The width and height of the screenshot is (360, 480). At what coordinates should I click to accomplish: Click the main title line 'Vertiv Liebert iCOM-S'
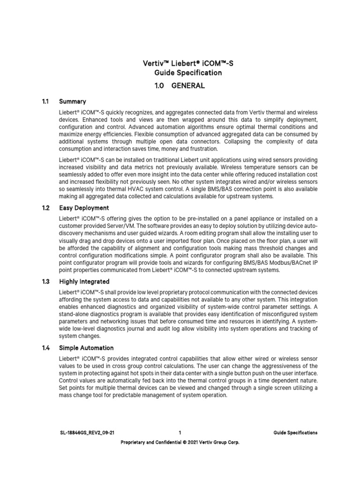click(x=180, y=63)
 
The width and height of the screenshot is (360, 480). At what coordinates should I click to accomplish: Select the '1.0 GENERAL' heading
click(x=180, y=86)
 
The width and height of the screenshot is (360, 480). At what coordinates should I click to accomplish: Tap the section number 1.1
click(x=46, y=101)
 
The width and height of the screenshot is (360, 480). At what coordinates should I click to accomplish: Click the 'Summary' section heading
click(x=72, y=101)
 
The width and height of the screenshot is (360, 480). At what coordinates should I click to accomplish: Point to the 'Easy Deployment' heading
click(x=84, y=208)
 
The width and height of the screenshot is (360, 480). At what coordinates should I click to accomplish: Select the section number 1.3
click(x=46, y=282)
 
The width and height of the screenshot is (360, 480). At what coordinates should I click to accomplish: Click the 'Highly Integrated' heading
click(x=84, y=282)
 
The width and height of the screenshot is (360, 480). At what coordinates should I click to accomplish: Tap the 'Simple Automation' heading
click(x=86, y=348)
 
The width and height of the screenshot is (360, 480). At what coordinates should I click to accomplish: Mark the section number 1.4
click(x=46, y=348)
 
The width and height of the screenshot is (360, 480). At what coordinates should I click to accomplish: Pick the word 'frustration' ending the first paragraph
click(x=202, y=149)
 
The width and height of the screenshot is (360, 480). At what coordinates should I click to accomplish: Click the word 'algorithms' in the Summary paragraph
click(x=191, y=127)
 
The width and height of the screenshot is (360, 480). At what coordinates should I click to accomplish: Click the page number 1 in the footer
click(x=180, y=433)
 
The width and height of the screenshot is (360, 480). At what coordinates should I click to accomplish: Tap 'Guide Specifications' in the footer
click(x=295, y=433)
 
